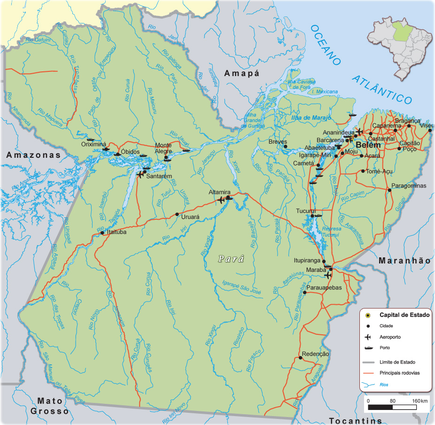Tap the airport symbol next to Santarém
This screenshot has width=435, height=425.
pyautogui.click(x=140, y=175)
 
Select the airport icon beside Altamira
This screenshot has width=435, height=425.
pyautogui.click(x=222, y=201)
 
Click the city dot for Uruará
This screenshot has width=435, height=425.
pyautogui.click(x=177, y=214)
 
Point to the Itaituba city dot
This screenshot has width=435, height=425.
pyautogui.click(x=102, y=232)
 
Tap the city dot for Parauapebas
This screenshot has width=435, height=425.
pyautogui.click(x=304, y=293)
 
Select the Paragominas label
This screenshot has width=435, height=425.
pyautogui.click(x=409, y=185)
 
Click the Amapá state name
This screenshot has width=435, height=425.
pyautogui.click(x=241, y=73)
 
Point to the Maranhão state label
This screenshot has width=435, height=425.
pyautogui.click(x=404, y=260)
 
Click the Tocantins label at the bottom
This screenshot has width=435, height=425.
pyautogui.click(x=355, y=420)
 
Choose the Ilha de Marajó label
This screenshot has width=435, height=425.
pyautogui.click(x=311, y=117)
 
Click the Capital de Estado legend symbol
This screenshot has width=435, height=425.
pyautogui.click(x=368, y=315)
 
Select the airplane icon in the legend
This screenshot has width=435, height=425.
pyautogui.click(x=368, y=337)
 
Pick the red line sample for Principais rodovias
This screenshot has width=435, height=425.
pyautogui.click(x=368, y=373)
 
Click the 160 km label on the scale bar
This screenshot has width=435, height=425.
pyautogui.click(x=419, y=401)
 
